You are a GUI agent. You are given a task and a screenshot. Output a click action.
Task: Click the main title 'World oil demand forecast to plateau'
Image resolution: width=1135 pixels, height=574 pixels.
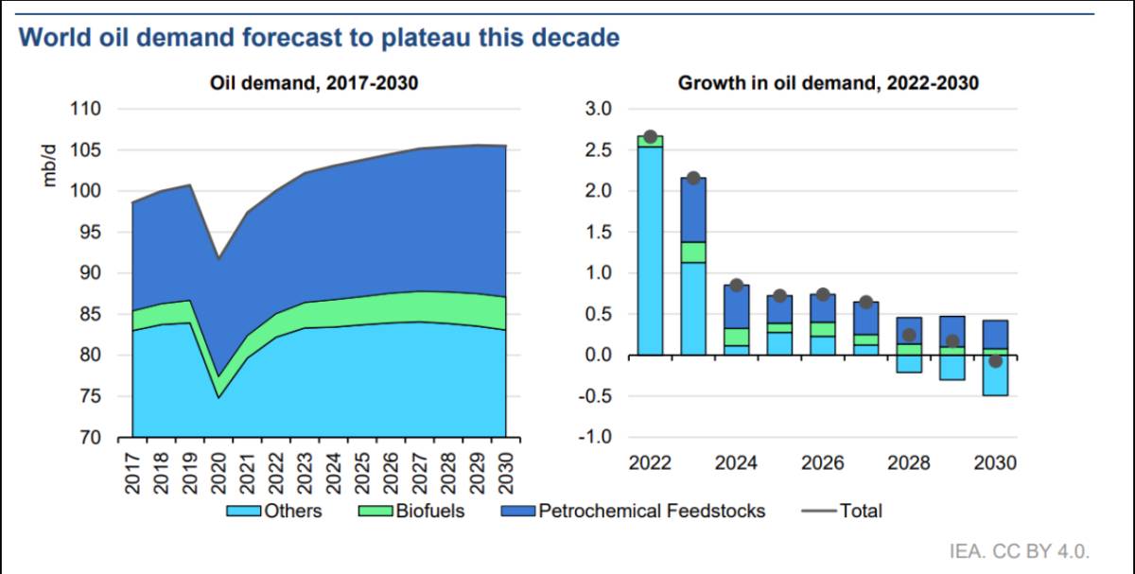319,38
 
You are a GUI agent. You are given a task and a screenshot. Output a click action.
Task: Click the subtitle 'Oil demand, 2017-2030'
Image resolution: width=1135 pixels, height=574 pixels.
313,83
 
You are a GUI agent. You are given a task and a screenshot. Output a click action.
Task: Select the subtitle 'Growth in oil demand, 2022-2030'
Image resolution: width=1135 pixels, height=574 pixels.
828,83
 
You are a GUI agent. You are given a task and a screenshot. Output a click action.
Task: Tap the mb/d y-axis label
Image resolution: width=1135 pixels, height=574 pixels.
51,165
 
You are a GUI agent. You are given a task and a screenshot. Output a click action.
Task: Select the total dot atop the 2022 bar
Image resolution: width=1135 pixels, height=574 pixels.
650,137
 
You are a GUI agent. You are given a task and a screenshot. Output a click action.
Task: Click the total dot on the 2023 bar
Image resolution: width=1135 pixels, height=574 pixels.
692,178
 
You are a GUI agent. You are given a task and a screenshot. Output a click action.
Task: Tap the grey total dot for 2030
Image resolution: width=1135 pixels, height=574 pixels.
995,360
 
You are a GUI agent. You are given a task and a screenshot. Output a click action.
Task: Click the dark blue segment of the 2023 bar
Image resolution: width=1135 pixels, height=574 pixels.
692,210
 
